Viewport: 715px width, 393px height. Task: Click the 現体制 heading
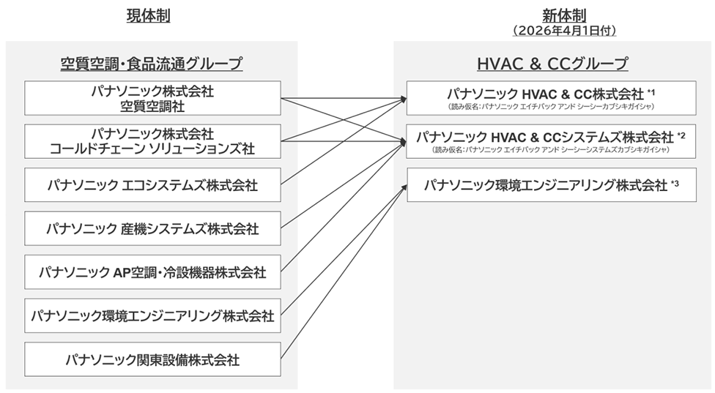coord(152,15)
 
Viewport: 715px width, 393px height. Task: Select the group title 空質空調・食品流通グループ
coord(152,64)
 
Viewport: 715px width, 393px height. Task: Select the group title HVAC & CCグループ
coord(553,64)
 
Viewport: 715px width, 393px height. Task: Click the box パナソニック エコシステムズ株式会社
coord(152,185)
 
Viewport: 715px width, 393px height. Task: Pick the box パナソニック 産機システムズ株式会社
coord(152,229)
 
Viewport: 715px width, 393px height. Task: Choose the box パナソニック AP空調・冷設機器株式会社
coord(152,273)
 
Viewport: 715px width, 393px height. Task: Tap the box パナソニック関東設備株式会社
coord(152,360)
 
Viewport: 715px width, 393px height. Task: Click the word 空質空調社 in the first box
coord(152,106)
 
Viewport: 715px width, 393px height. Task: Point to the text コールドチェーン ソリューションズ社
coord(152,149)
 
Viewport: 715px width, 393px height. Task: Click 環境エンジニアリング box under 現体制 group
coord(152,316)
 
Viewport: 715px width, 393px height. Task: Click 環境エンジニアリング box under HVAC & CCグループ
coord(553,185)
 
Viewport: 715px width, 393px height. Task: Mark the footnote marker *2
coord(681,135)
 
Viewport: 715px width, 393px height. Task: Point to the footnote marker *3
coord(675,184)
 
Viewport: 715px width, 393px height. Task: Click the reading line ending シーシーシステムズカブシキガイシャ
coord(553,150)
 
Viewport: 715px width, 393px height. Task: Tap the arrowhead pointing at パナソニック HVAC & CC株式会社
coord(404,99)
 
